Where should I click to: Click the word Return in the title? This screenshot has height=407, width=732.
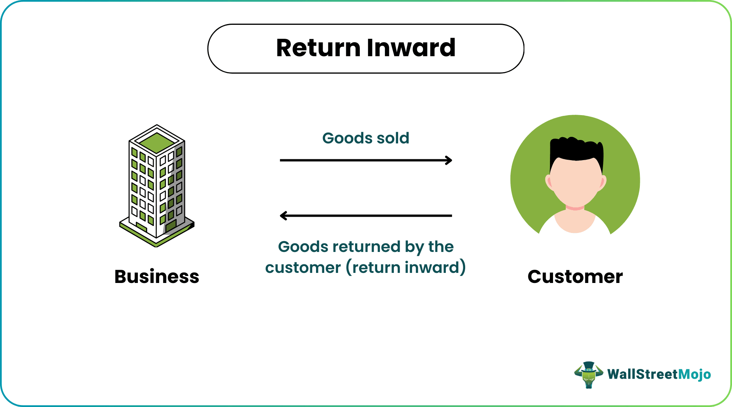pyautogui.click(x=318, y=48)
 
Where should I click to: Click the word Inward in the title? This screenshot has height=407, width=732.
pyautogui.click(x=411, y=48)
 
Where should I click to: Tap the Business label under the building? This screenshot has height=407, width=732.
pyautogui.click(x=157, y=277)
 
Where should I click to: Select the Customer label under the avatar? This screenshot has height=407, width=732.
pyautogui.click(x=575, y=277)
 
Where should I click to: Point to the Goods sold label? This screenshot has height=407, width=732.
pyautogui.click(x=366, y=138)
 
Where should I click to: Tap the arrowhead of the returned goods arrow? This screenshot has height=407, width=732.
pyautogui.click(x=283, y=216)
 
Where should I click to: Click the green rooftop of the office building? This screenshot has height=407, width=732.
pyautogui.click(x=157, y=142)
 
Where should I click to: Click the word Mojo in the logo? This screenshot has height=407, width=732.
pyautogui.click(x=695, y=374)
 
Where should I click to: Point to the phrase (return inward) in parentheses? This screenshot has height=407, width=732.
pyautogui.click(x=406, y=268)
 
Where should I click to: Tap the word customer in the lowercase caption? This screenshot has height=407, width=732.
pyautogui.click(x=303, y=268)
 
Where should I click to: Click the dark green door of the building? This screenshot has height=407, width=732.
pyautogui.click(x=171, y=226)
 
